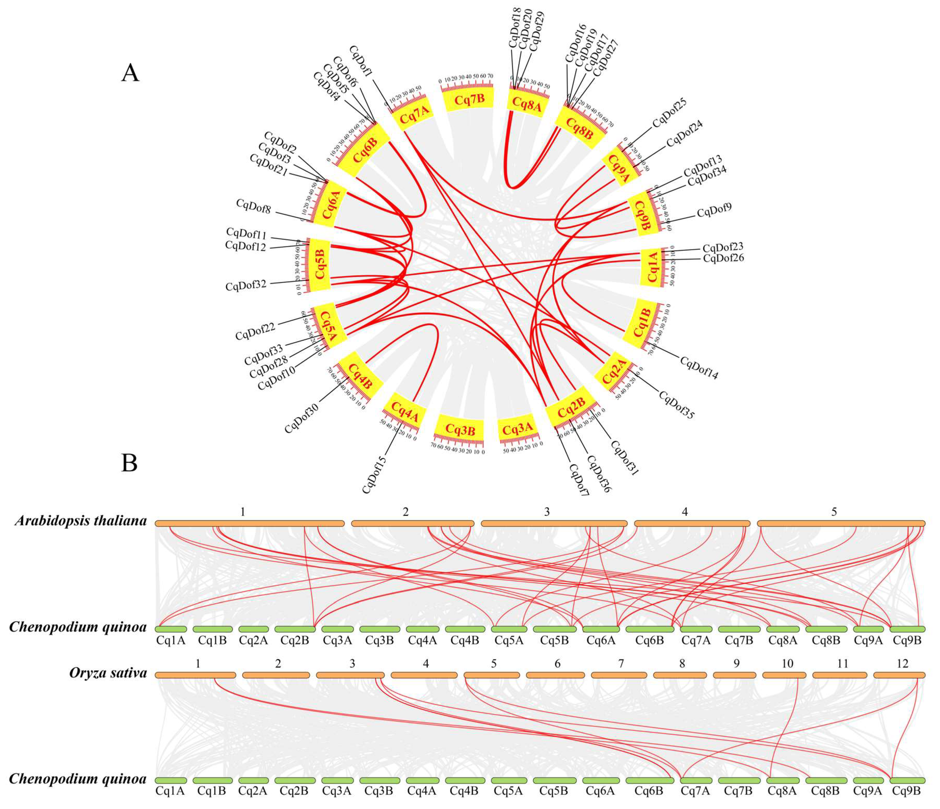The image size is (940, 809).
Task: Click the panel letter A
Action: coord(130,73)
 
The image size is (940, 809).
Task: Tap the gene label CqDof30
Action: coord(302,418)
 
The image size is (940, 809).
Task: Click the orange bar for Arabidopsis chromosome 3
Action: coord(554,523)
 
